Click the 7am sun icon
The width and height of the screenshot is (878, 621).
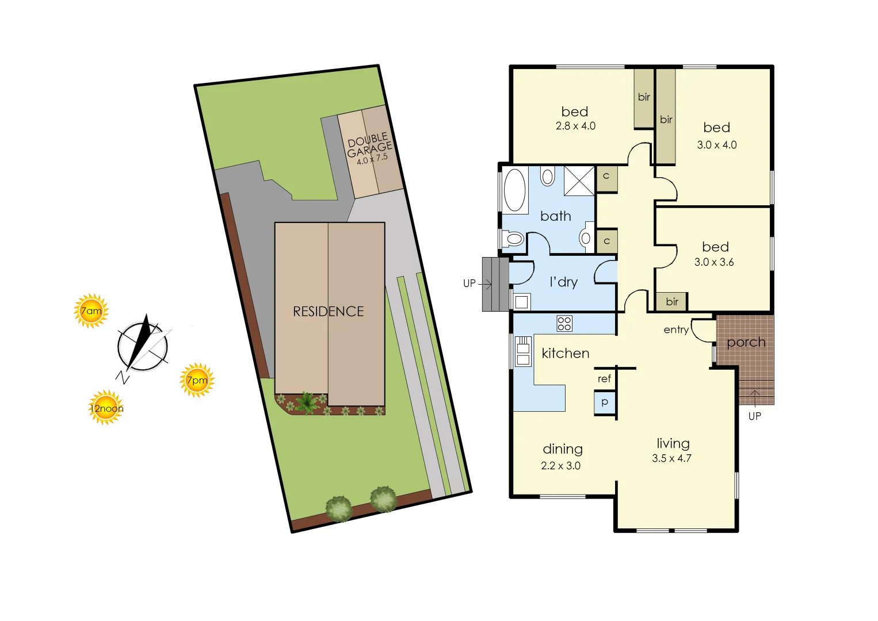point(91,311)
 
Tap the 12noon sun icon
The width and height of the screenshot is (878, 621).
point(106,408)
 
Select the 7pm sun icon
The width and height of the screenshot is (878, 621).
point(197,380)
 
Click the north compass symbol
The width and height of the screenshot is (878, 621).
point(143,347)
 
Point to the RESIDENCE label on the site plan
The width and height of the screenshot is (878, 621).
point(329,312)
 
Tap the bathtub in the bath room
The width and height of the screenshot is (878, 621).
point(515,190)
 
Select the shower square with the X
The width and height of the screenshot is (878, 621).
point(579,181)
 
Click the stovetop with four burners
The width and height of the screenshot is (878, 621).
point(564,323)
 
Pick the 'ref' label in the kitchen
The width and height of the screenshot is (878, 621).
point(604,378)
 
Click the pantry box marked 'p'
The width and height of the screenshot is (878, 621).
point(605,402)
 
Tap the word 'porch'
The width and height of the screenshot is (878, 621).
point(746,342)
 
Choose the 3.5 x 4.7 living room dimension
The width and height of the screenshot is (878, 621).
point(671,458)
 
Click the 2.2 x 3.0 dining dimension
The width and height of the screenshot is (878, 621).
point(560,466)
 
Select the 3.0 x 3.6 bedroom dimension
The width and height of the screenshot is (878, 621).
point(714,262)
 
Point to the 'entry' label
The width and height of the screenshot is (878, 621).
point(676,329)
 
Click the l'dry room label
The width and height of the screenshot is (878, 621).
point(563,282)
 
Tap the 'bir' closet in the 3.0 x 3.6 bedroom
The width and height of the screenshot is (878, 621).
point(672,301)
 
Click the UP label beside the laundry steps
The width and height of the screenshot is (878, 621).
point(469,283)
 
